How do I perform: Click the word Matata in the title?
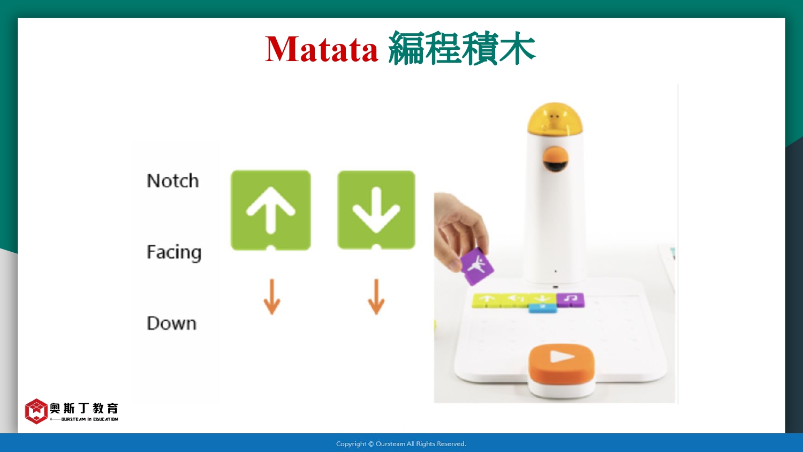[322, 49]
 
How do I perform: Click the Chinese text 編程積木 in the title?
[461, 48]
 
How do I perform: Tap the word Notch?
[172, 180]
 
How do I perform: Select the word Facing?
[174, 253]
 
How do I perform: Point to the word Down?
[172, 323]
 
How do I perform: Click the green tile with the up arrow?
[271, 210]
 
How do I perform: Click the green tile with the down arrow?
[376, 210]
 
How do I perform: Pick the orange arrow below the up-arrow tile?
[272, 297]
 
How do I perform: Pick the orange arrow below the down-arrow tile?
[376, 297]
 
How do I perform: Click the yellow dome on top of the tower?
[555, 118]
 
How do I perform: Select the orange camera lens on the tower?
[555, 159]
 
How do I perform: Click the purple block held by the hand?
[477, 266]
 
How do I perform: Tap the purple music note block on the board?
[570, 300]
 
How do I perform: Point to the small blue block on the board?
[543, 308]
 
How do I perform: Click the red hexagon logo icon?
[36, 411]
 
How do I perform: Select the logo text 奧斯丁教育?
[84, 408]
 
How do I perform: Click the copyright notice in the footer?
[401, 444]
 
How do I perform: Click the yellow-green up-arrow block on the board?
[487, 300]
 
